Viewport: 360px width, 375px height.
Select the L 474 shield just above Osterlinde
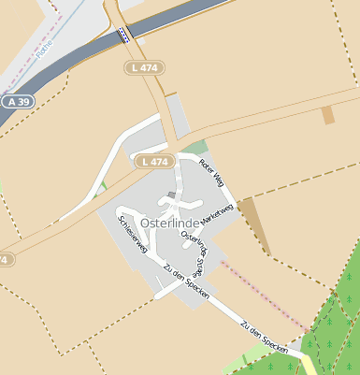click(x=155, y=162)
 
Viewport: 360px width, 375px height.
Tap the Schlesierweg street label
click(x=133, y=234)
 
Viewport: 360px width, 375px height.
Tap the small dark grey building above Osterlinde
click(x=171, y=195)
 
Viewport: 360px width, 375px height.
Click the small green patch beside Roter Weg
click(x=194, y=148)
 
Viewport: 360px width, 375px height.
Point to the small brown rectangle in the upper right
click(x=327, y=115)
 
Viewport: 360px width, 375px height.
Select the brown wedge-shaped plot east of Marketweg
click(x=254, y=223)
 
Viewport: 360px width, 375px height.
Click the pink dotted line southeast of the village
click(x=262, y=295)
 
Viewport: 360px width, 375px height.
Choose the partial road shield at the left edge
click(x=4, y=259)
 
